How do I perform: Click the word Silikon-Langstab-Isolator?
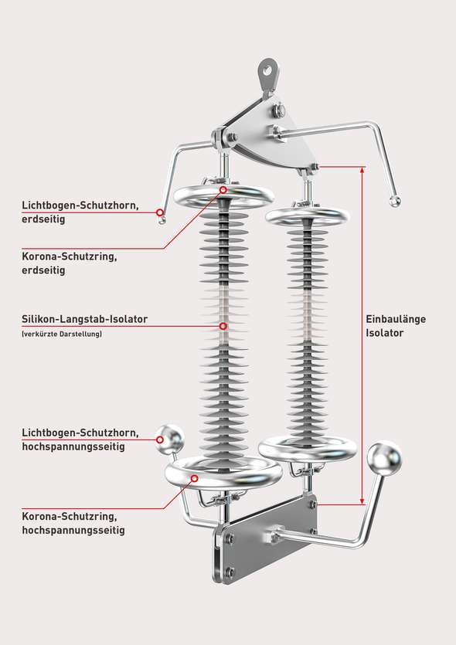[x=84, y=319]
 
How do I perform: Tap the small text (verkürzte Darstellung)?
[x=62, y=334]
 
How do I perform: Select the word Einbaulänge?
[x=396, y=319]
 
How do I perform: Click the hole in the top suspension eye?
[x=268, y=71]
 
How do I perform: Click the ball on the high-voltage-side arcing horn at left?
[x=170, y=440]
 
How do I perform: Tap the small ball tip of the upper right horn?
[x=395, y=202]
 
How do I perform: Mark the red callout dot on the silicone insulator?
[x=223, y=326]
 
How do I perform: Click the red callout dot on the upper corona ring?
[x=223, y=189]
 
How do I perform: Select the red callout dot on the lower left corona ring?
[x=195, y=478]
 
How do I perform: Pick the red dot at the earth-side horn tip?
[x=160, y=212]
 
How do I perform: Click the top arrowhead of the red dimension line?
[x=362, y=169]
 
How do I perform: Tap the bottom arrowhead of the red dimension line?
[x=362, y=501]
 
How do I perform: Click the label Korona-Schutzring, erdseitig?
[x=69, y=263]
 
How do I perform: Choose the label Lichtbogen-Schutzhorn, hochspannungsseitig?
[x=80, y=440]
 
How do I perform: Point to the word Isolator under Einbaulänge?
[x=385, y=333]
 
